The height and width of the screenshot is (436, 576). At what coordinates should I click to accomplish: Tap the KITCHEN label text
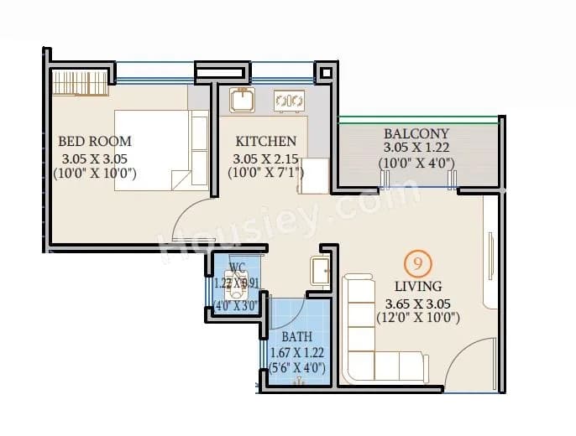coord(265,141)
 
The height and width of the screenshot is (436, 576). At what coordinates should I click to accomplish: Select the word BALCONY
coord(416,133)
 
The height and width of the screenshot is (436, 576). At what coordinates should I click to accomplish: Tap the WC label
coord(237,268)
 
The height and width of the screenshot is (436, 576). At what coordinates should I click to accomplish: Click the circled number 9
coord(414,264)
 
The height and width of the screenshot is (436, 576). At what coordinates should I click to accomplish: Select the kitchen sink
coord(242,100)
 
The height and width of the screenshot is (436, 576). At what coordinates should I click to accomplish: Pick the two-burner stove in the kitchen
coord(290,101)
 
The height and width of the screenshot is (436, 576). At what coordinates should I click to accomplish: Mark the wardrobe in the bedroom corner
coord(81,83)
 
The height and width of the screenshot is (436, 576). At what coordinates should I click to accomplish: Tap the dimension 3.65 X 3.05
coord(412,303)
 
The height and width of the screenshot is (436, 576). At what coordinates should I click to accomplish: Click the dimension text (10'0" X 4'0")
coord(416,163)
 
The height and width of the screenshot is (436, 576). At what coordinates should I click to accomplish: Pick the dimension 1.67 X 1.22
coord(296,352)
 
